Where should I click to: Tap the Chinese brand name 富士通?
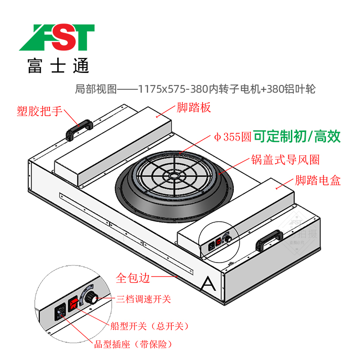[x=58, y=65]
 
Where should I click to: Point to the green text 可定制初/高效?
[x=297, y=137]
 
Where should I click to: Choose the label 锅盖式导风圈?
[x=285, y=159]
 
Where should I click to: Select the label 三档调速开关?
[x=144, y=300]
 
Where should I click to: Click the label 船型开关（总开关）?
[x=149, y=326]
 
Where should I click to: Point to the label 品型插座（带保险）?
[x=133, y=344]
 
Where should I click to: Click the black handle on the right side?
[x=269, y=240]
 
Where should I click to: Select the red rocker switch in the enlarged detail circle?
[x=74, y=304]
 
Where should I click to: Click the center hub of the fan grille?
[x=172, y=176]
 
